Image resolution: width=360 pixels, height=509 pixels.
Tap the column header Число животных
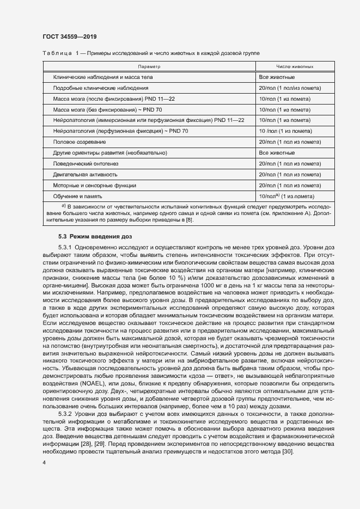(295, 66)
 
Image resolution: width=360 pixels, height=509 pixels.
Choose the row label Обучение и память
(77, 196)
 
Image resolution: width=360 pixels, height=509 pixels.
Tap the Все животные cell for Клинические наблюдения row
(277, 77)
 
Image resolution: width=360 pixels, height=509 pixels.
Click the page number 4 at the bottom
(44, 462)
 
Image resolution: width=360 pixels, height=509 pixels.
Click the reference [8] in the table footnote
(189, 219)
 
